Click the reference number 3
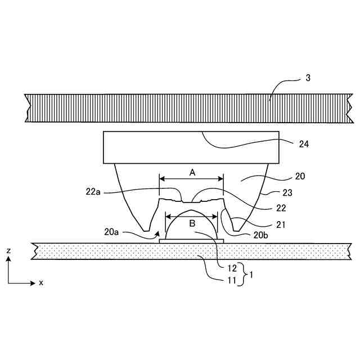(308, 78)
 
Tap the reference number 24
(304, 143)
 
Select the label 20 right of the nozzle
(300, 176)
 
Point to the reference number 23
(287, 192)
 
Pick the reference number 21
(281, 224)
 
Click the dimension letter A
(192, 173)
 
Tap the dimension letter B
(191, 223)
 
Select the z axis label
(7, 249)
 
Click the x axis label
(41, 283)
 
